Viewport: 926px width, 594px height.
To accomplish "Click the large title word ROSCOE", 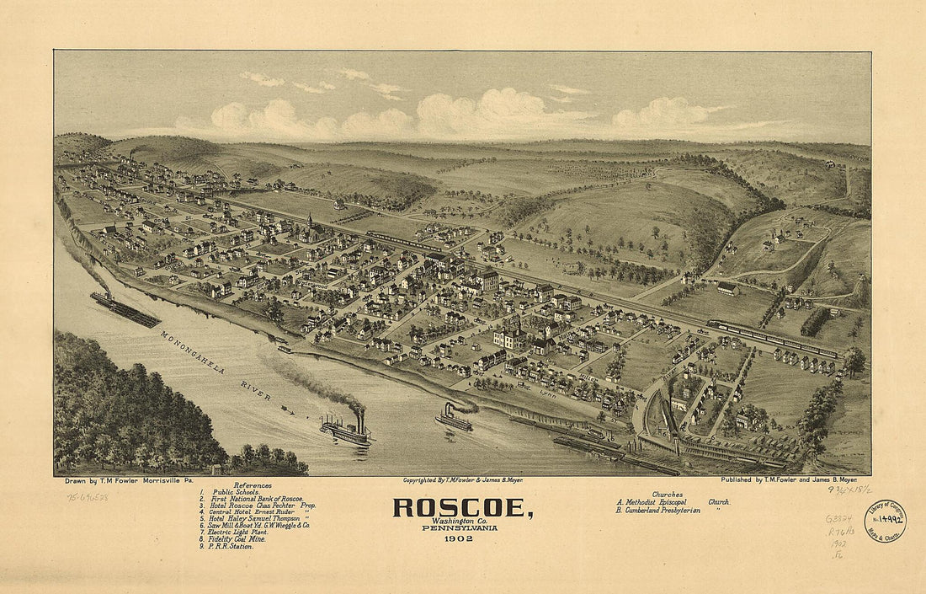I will tap(462, 508).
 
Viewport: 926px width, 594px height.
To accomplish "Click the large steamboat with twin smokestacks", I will tap(346, 431).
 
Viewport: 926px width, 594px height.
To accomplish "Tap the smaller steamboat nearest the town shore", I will tap(454, 419).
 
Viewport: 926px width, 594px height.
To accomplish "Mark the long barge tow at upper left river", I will tap(125, 309).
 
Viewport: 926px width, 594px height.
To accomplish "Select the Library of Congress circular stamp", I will tap(884, 521).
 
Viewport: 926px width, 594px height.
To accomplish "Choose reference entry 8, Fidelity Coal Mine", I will tap(233, 538).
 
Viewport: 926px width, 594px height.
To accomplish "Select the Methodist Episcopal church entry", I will tap(673, 502).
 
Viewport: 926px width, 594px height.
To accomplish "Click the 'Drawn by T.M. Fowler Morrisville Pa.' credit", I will tap(123, 480).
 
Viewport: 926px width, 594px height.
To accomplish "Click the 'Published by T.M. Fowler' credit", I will tap(796, 480).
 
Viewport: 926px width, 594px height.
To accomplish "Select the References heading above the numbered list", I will tap(253, 485).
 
